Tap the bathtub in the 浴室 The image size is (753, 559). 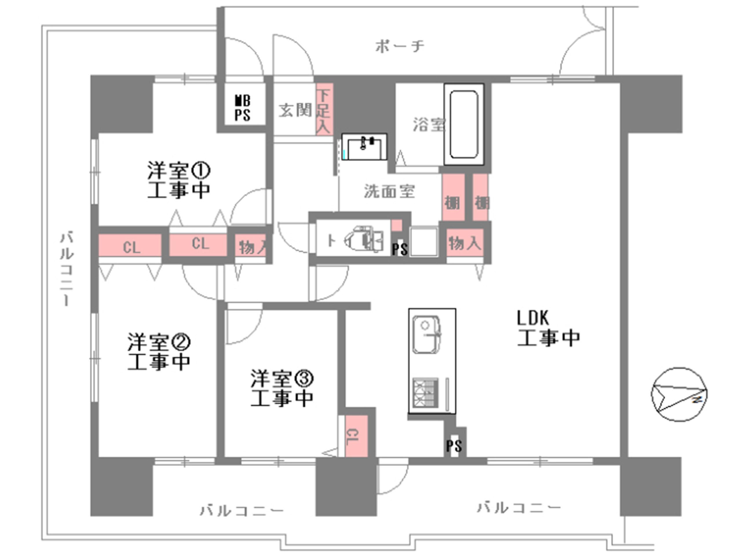(x=463, y=124)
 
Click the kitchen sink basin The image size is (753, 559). (x=426, y=334)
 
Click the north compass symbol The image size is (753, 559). (x=679, y=394)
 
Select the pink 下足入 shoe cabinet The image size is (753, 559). (x=324, y=109)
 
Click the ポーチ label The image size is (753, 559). (x=399, y=46)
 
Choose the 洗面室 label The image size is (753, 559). (x=389, y=191)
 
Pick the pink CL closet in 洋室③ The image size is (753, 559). (x=356, y=436)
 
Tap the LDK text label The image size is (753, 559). (x=533, y=318)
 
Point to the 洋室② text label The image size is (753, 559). (x=159, y=342)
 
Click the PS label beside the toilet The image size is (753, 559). (x=399, y=249)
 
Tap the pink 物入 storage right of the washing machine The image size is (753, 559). (x=465, y=243)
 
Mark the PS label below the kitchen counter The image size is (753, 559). (x=454, y=446)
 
